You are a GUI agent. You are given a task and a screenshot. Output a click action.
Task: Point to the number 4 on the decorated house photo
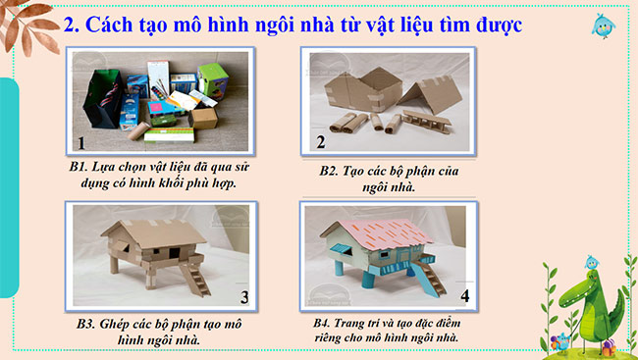point(465,296)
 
